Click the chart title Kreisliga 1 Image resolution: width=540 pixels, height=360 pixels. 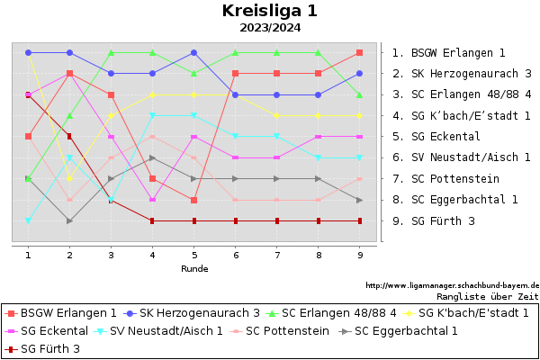pos(269,12)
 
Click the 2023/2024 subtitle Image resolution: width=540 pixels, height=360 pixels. pos(269,28)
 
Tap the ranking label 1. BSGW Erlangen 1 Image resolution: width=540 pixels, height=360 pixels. pos(448,53)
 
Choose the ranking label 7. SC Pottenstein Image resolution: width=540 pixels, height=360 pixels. pos(443,178)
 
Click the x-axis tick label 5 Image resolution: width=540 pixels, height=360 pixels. pos(194,256)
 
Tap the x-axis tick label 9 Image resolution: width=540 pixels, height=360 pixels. pos(360,256)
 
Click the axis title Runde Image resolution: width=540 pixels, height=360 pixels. pos(194,268)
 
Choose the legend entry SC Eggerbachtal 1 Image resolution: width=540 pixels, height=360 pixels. pos(406,330)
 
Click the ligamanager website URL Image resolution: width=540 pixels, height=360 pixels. pos(452,284)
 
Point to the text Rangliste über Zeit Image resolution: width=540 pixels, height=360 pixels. pos(487,295)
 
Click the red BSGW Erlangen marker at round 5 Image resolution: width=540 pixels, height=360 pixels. pos(194,200)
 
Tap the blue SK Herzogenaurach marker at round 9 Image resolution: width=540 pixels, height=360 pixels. pos(360,74)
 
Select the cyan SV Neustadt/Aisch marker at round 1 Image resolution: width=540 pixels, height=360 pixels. pos(29,220)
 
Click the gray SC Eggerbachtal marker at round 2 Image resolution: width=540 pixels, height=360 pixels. pos(70,220)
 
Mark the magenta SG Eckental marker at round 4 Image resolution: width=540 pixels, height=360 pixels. pos(153,200)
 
